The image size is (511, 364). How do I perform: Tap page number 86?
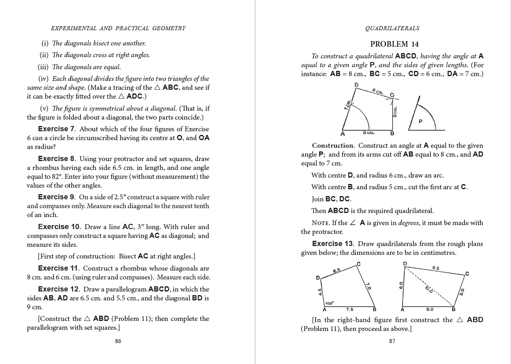click(118, 341)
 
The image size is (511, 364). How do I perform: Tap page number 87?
click(392, 341)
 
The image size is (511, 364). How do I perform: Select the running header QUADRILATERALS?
click(392, 28)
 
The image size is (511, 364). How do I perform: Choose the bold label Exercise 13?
click(332, 244)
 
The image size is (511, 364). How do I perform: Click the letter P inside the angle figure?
click(421, 122)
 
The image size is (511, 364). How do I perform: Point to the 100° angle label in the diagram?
click(329, 303)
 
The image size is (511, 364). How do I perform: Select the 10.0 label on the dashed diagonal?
click(429, 289)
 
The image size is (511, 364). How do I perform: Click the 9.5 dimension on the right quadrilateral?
click(436, 268)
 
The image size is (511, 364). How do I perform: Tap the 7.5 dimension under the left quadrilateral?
click(349, 309)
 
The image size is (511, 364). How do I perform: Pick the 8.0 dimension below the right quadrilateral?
click(430, 309)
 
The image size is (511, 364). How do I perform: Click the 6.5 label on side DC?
click(337, 271)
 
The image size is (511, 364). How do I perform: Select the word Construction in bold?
click(332, 145)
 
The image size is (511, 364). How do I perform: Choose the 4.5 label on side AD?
click(320, 292)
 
